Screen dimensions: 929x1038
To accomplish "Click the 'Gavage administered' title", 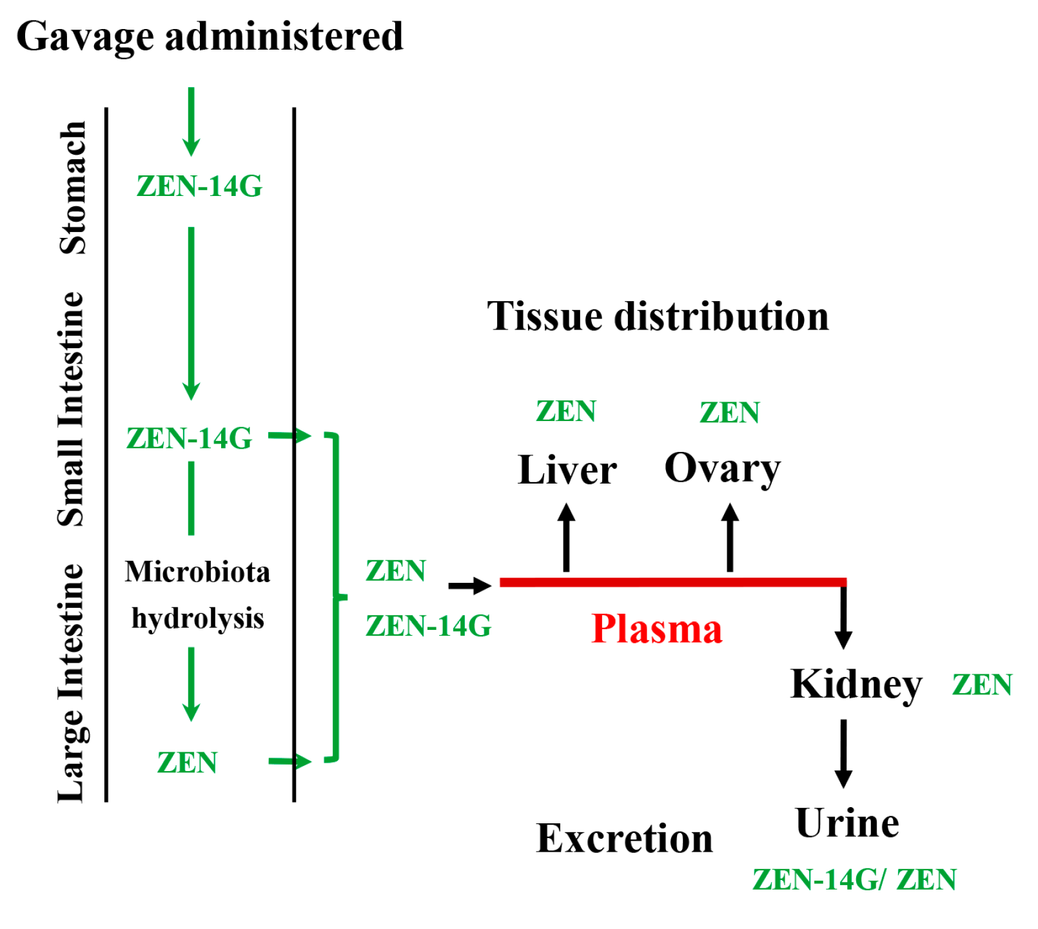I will [x=210, y=36].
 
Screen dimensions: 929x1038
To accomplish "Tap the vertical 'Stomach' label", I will [x=73, y=188].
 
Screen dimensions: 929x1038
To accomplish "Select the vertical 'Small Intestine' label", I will [x=72, y=409].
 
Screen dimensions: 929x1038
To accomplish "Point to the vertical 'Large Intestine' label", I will [x=72, y=683].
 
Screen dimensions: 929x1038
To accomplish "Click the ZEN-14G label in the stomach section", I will [x=199, y=186].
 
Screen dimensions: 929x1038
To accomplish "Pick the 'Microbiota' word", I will [x=197, y=572].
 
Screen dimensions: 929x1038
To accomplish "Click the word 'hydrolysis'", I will [x=198, y=618].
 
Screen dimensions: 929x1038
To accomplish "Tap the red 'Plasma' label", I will [x=656, y=629].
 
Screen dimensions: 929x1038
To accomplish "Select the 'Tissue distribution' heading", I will [x=658, y=316].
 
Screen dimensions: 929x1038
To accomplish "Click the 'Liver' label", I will [x=567, y=469].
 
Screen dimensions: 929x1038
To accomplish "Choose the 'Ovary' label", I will [x=722, y=468].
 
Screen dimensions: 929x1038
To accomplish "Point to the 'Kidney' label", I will [x=856, y=684].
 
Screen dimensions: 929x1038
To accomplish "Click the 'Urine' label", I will [x=847, y=823].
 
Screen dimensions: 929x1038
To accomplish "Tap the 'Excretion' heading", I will [x=624, y=838].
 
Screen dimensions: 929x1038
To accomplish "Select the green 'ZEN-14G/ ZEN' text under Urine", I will [x=854, y=879].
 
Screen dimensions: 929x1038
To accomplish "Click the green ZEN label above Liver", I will [x=566, y=411].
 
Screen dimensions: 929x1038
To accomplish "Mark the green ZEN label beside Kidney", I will [x=982, y=685].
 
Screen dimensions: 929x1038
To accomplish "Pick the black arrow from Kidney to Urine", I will [x=843, y=753].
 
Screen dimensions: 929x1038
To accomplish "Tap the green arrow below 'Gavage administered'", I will [x=191, y=121].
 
